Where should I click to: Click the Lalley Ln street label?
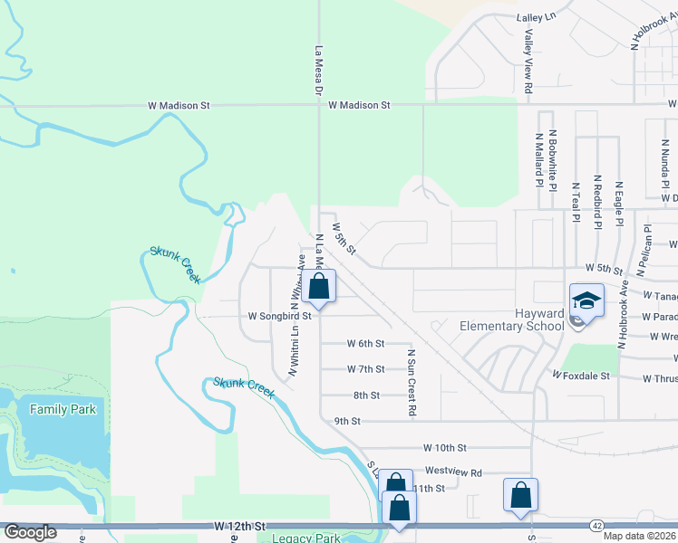535,17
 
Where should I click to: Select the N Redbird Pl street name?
597,204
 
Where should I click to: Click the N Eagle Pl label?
619,204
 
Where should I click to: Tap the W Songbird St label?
280,317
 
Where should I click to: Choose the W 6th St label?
366,344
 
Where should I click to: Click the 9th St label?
347,421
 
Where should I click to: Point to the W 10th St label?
444,448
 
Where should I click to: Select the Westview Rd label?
453,472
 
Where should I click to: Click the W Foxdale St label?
581,374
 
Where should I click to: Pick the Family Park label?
63,409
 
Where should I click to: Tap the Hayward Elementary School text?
512,319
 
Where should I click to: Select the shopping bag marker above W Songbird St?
319,288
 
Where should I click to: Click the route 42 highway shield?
596,524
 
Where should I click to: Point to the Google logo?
29,532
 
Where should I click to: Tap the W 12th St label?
240,526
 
